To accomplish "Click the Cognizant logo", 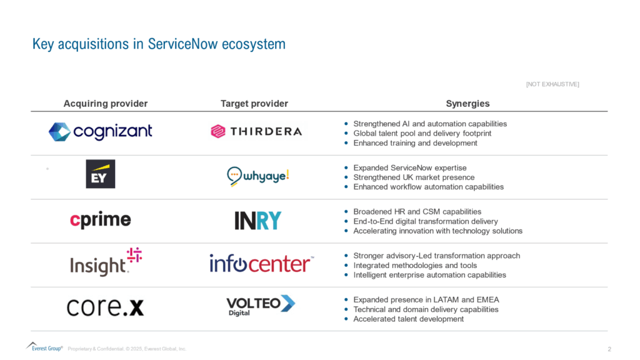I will [x=101, y=131].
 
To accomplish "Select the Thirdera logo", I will [x=256, y=131].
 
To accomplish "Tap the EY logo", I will [x=101, y=174].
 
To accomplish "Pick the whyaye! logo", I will [x=258, y=177].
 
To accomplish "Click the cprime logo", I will [x=101, y=220].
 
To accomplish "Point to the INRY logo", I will [x=258, y=221].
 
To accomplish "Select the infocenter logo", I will [x=261, y=263].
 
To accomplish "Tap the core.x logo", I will [x=105, y=307].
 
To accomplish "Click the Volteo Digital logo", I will [x=260, y=306].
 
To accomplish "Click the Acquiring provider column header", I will [x=106, y=104].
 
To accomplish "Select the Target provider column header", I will [x=254, y=104].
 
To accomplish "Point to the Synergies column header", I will [x=467, y=104].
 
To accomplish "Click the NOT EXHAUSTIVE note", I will [x=552, y=84].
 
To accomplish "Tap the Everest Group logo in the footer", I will [x=44, y=347].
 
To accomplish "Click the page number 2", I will [x=609, y=348].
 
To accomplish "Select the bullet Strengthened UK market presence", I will [x=414, y=177].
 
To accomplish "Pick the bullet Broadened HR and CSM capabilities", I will [x=417, y=212].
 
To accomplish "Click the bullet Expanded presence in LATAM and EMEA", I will [x=426, y=300].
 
